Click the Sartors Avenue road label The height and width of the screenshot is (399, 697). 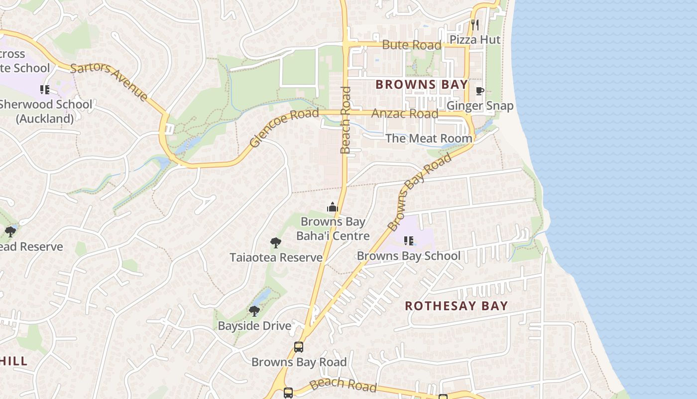click(109, 82)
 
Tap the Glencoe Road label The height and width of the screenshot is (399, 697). click(283, 128)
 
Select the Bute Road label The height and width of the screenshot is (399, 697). click(411, 45)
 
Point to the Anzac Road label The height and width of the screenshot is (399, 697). click(405, 113)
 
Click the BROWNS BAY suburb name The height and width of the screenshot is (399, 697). click(422, 85)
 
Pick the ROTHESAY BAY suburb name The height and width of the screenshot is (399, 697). click(456, 306)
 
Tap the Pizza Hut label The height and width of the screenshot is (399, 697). click(474, 39)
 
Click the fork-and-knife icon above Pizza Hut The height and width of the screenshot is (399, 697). click(475, 24)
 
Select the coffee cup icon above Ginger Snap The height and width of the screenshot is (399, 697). click(479, 91)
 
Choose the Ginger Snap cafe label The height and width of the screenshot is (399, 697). click(479, 106)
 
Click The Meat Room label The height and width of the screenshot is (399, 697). click(429, 138)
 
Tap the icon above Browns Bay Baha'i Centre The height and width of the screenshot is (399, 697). click(332, 207)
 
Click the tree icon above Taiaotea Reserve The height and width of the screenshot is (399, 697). click(275, 243)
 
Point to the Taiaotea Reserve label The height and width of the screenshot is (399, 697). click(276, 257)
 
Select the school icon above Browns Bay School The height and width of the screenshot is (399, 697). click(409, 241)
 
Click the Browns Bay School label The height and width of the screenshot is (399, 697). click(408, 256)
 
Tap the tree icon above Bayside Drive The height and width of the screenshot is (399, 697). click(254, 311)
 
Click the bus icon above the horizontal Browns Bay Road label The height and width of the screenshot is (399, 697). click(298, 347)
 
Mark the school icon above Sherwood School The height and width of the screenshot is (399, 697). click(45, 90)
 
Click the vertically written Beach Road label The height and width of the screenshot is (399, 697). click(346, 120)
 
